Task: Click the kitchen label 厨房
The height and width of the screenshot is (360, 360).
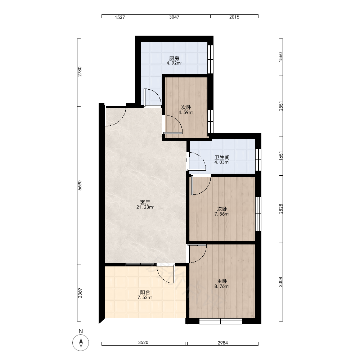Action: (174, 58)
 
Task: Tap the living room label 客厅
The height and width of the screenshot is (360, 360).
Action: (145, 202)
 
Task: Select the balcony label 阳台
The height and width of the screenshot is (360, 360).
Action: (145, 292)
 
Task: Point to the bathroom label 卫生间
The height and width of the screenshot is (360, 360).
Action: (222, 157)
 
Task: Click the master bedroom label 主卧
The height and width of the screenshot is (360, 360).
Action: (222, 281)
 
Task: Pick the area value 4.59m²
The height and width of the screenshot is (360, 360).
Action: (186, 112)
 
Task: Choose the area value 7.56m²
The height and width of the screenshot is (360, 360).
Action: (222, 214)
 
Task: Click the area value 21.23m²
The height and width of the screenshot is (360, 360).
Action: (145, 207)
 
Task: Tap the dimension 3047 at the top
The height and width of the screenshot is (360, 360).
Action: (174, 17)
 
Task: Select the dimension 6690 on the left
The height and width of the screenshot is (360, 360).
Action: (80, 185)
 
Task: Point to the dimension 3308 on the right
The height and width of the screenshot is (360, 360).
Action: (281, 282)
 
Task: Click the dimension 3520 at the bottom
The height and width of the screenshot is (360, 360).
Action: (143, 343)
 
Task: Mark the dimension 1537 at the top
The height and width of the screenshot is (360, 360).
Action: (120, 17)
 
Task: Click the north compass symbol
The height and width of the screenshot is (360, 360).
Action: (81, 343)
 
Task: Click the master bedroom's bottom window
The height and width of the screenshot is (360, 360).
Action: (220, 321)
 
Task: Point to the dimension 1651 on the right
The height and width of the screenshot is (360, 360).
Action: (281, 156)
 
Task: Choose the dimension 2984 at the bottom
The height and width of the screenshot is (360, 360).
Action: (223, 343)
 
